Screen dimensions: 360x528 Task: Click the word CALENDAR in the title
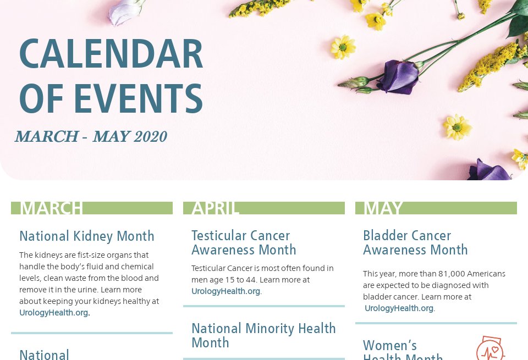111,54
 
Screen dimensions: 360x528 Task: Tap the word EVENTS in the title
138,99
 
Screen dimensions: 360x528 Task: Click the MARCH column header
51,208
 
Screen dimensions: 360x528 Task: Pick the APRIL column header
215,208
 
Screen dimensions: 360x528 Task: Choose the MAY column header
383,208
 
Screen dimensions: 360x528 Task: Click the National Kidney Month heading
87,236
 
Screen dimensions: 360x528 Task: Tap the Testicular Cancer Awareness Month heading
244,242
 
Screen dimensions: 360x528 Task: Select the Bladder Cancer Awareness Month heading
415,242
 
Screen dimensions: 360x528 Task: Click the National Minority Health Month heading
263,335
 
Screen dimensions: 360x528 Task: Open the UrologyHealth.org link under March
54,313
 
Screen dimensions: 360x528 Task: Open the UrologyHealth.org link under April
226,291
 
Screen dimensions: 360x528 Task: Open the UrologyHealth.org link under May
399,308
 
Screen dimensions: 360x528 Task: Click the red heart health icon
490,348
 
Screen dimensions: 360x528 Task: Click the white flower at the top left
125,12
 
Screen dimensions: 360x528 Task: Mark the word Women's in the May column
390,346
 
